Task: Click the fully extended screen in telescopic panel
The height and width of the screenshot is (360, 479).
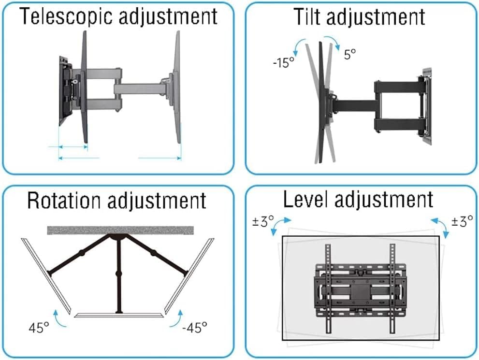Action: [177, 87]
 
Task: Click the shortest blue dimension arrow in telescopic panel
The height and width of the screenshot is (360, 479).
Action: [73, 148]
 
